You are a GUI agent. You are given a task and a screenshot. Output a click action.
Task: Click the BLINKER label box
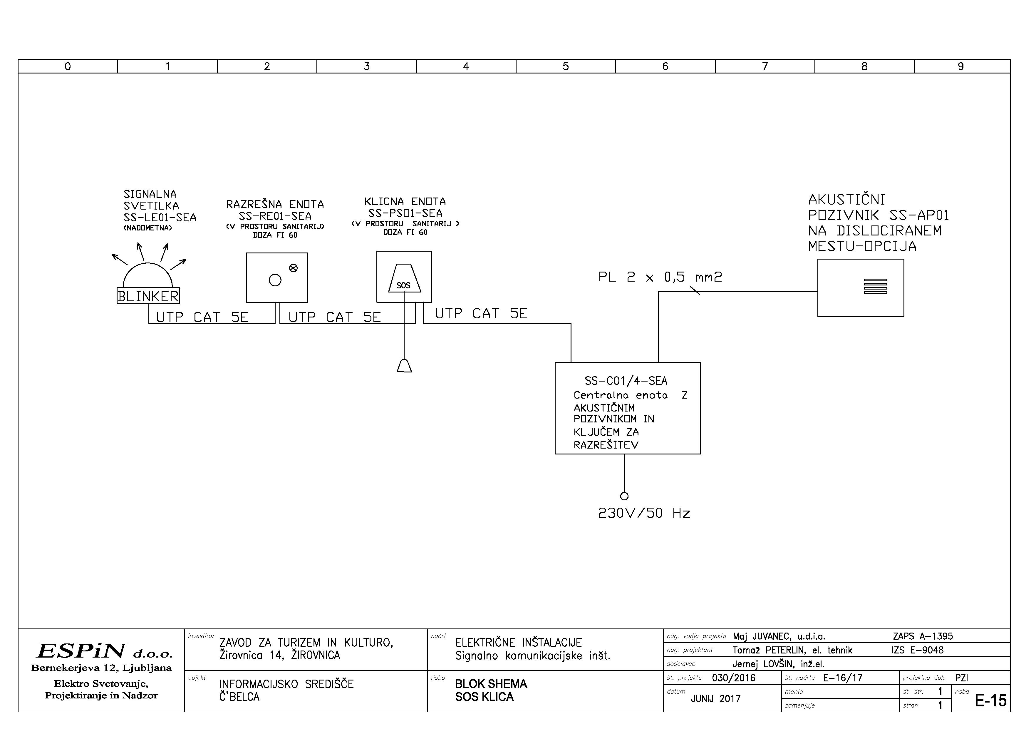point(148,296)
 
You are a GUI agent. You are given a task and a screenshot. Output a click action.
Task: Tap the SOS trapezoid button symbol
point(404,279)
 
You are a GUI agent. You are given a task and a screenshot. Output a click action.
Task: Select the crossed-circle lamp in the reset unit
point(293,268)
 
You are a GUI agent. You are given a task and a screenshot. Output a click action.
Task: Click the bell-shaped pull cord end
point(404,366)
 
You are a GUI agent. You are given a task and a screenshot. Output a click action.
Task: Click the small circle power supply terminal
point(624,496)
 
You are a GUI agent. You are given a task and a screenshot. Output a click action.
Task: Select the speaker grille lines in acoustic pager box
point(875,286)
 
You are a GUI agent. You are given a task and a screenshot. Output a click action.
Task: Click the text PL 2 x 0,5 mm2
point(660,277)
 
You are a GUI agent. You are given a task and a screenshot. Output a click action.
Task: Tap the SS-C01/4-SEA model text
point(626,381)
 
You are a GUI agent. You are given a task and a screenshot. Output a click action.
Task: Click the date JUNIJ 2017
point(716,698)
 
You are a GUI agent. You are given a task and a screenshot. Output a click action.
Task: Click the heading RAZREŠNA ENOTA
point(275,204)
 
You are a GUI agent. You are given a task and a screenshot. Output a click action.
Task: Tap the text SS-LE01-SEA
point(160,218)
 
